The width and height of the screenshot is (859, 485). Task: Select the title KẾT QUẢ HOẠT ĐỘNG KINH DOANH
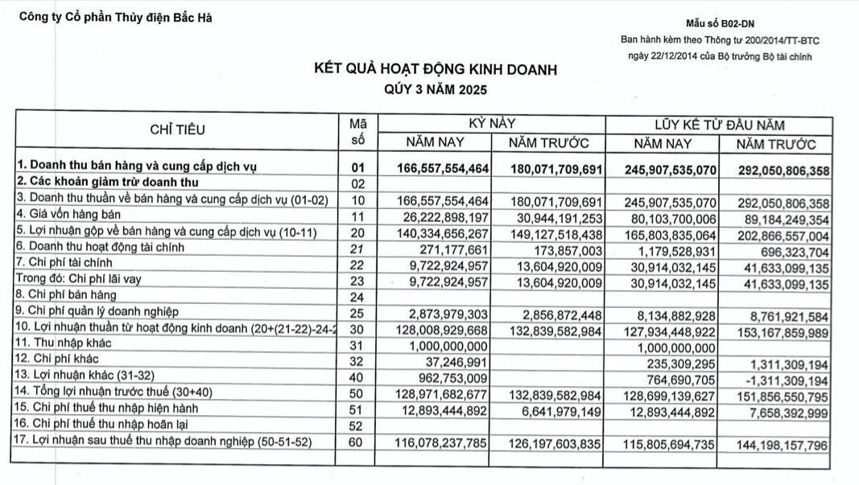[435, 70]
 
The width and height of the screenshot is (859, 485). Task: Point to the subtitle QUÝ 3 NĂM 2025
[435, 89]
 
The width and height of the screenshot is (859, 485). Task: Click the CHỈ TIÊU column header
[177, 129]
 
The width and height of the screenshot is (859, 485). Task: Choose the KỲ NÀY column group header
[491, 124]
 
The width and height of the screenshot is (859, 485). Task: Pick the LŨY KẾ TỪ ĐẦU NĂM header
[719, 125]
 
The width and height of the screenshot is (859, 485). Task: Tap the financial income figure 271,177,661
[455, 249]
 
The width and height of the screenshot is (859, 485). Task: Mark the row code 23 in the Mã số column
[358, 281]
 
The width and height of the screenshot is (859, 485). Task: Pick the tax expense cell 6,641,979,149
[557, 410]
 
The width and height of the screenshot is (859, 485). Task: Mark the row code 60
[358, 442]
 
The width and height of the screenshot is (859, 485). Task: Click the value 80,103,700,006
[664, 216]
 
